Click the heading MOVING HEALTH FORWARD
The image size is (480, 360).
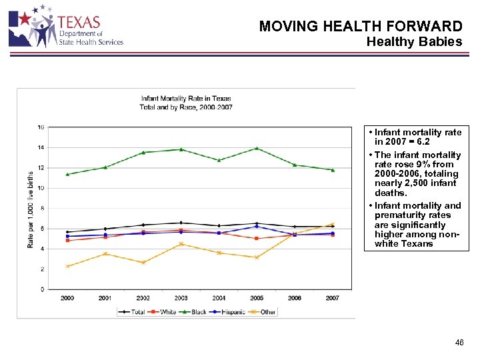(360, 27)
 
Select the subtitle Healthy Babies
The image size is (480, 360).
(414, 42)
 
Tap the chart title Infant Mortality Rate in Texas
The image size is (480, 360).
(186, 99)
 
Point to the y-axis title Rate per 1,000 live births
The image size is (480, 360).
(31, 208)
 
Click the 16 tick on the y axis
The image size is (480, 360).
(41, 127)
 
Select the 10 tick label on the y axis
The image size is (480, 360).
(41, 188)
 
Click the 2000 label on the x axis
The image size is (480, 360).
(67, 298)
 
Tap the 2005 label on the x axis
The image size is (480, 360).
(257, 298)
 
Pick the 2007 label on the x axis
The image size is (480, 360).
(332, 298)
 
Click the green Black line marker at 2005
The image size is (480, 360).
(257, 148)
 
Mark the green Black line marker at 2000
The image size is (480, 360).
(67, 174)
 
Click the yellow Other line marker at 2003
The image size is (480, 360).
(181, 244)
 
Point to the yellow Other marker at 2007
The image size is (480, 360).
(332, 224)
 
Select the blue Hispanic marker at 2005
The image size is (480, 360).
(257, 226)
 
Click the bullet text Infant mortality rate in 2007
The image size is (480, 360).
(417, 137)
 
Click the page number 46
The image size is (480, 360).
(459, 343)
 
